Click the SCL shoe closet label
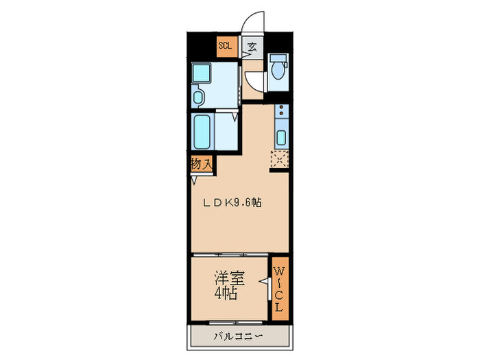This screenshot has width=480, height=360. (x=225, y=47)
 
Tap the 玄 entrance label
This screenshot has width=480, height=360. (x=252, y=47)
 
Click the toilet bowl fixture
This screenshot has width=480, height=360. (x=278, y=70)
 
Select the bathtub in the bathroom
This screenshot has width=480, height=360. (x=202, y=132)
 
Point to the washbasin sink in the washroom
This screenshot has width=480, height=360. (x=199, y=97)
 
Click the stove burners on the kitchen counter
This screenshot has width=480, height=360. (x=281, y=114)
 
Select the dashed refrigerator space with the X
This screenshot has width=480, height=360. (x=280, y=158)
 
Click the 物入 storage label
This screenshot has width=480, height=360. (x=202, y=165)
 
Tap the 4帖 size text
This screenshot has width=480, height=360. (x=226, y=294)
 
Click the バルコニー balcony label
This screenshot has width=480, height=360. (x=236, y=336)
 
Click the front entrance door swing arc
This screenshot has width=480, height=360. (x=255, y=21)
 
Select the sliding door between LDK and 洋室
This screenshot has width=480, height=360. (x=230, y=254)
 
